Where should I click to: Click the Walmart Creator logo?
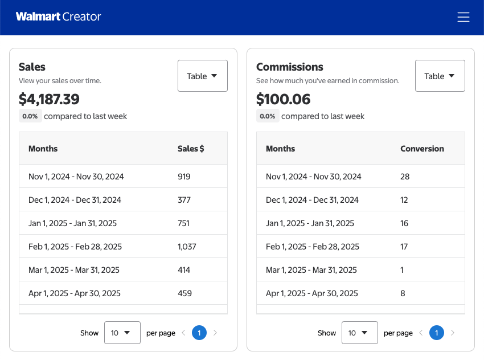click(x=58, y=17)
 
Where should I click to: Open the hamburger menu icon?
click(x=464, y=17)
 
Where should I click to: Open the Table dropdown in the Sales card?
click(x=203, y=76)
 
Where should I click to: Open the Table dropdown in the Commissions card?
click(x=440, y=76)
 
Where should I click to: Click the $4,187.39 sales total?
click(x=49, y=99)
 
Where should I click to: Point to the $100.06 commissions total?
click(x=284, y=99)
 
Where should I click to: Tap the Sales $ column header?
click(x=191, y=149)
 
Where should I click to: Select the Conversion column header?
click(x=422, y=149)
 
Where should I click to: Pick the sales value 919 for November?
click(x=184, y=177)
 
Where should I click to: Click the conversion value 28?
click(x=405, y=177)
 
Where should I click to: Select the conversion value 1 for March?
click(x=402, y=270)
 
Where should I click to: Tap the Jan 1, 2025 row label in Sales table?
click(x=72, y=223)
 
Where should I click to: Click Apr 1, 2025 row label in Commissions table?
click(x=311, y=293)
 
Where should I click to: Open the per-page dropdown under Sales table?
click(x=122, y=333)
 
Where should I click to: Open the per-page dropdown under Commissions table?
click(x=359, y=333)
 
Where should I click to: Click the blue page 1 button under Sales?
click(x=199, y=333)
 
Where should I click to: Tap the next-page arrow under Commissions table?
click(x=453, y=333)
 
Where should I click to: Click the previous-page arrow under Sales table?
click(x=183, y=333)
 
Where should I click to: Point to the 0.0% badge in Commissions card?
click(x=267, y=116)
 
